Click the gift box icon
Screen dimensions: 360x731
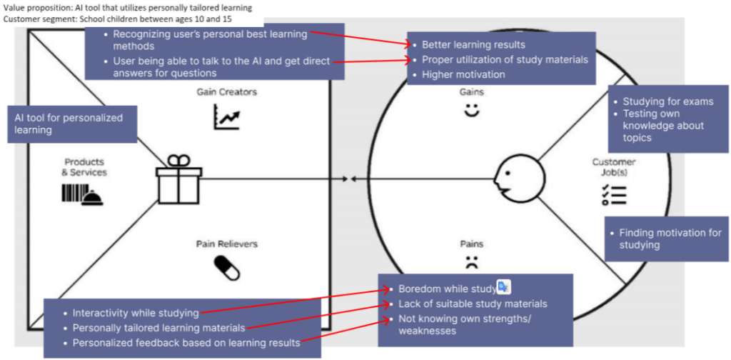178,181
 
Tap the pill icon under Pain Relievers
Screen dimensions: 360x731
226,267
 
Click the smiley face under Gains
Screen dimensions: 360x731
471,111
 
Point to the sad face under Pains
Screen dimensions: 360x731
471,261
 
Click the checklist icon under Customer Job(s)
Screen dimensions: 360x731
613,194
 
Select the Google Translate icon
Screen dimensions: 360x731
504,287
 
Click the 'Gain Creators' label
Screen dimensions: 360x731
226,92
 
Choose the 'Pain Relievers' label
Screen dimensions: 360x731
226,244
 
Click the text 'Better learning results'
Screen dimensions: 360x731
473,45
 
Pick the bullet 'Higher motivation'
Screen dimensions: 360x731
463,74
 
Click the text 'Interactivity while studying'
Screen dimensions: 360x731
136,313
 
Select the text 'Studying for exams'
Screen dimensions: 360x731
667,101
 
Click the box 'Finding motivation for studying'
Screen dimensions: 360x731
663,239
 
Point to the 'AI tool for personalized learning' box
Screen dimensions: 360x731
74,124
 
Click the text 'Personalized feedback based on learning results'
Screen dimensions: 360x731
186,343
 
